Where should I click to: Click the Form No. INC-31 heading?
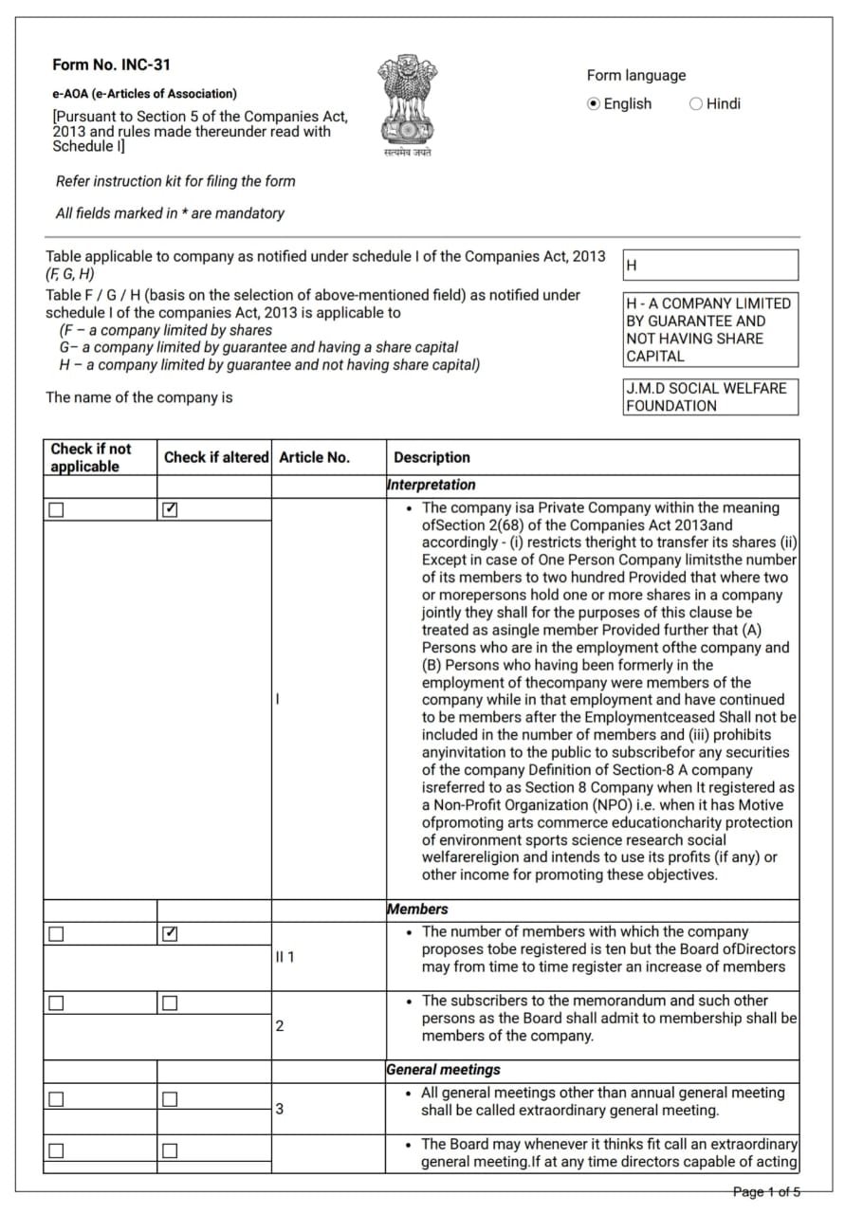tap(111, 65)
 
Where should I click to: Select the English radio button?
tap(595, 104)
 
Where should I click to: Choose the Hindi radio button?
tap(696, 104)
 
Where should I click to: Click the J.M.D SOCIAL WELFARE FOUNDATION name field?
tap(710, 397)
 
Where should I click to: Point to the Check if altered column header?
tap(216, 457)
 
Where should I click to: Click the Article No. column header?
tap(314, 457)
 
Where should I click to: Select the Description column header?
tap(432, 457)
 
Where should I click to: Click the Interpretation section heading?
tap(432, 485)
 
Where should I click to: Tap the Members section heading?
tap(417, 910)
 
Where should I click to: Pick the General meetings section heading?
tap(443, 1070)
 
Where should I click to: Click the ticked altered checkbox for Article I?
tap(170, 510)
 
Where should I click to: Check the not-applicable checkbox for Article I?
tap(56, 510)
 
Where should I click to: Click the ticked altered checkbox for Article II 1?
tap(170, 934)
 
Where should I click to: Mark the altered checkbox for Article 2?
tap(170, 1003)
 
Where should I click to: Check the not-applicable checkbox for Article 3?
tap(56, 1099)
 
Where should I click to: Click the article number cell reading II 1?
tap(285, 957)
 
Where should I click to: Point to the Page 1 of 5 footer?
tap(766, 1191)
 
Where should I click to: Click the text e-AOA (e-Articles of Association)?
tap(144, 94)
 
